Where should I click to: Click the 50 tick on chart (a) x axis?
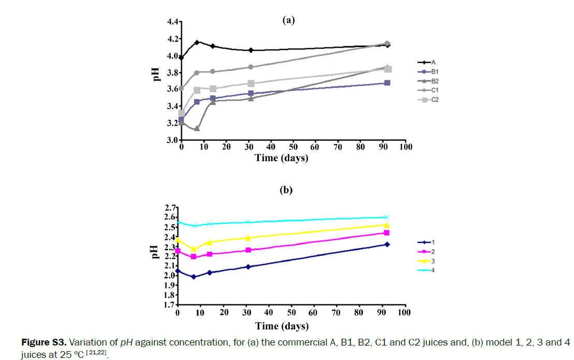(293, 148)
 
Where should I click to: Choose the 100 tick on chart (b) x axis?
(404, 313)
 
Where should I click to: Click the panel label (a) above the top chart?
(288, 20)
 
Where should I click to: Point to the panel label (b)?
(286, 190)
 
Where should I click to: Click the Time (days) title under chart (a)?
(282, 158)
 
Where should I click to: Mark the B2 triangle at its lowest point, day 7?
(197, 128)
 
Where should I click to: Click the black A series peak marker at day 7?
(197, 42)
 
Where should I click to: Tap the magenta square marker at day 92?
(387, 233)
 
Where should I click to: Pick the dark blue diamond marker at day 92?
(387, 244)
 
